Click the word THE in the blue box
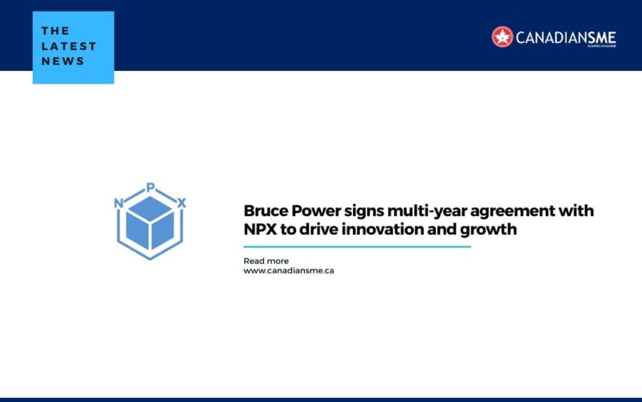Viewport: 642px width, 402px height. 55,31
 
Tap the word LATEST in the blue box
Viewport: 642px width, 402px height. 69,46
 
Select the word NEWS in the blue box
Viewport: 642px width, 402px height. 63,61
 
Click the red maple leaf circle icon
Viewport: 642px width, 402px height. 502,36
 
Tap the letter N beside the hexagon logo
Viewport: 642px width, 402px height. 119,203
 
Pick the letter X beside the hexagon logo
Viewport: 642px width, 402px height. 182,203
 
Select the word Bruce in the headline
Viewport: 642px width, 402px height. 265,211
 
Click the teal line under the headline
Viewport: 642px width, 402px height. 357,247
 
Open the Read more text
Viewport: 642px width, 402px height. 266,260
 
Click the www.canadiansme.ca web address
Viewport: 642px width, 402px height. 289,271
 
